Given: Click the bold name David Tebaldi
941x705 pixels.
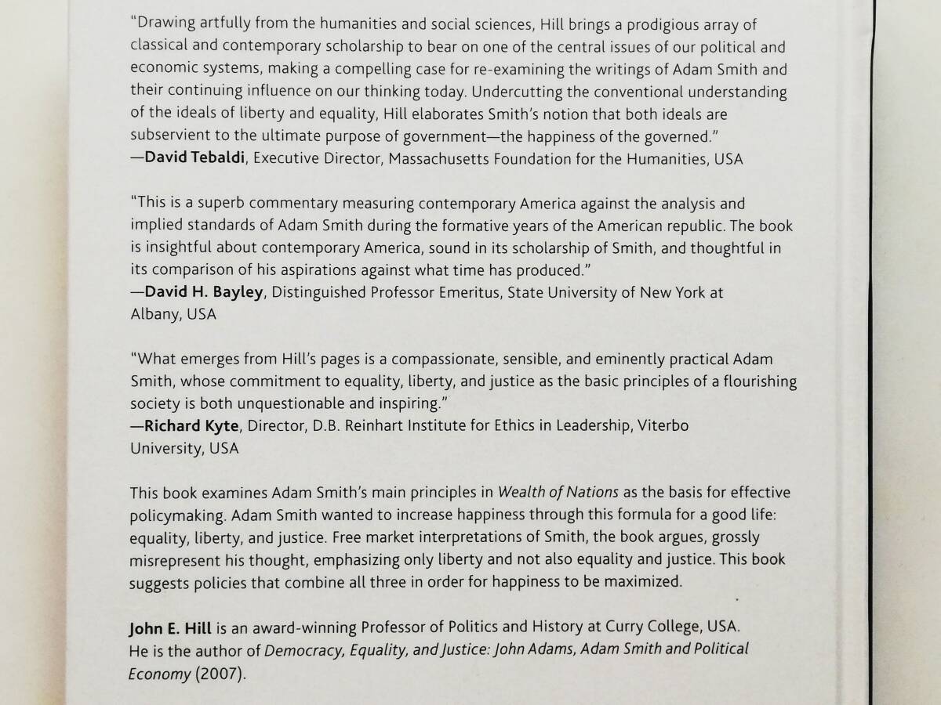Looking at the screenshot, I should pyautogui.click(x=192, y=159).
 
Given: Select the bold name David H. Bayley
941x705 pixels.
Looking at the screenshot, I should pyautogui.click(x=198, y=292).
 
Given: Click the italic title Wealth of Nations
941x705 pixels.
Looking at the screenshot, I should pyautogui.click(x=558, y=493).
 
